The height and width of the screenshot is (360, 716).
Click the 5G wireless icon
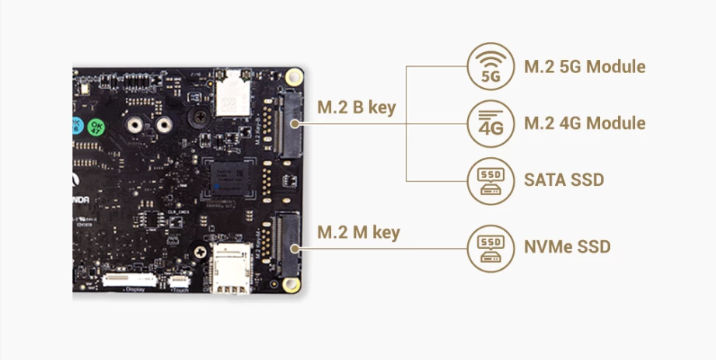491,66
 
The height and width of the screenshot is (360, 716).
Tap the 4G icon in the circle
491,123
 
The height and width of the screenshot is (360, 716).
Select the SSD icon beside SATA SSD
491,180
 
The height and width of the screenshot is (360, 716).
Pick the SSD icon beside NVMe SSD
491,247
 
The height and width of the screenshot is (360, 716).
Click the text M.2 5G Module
585,67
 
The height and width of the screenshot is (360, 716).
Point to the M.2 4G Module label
585,124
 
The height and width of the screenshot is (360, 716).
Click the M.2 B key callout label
358,107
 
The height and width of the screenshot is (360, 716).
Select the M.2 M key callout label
358,232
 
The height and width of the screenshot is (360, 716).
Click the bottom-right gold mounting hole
293,287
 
